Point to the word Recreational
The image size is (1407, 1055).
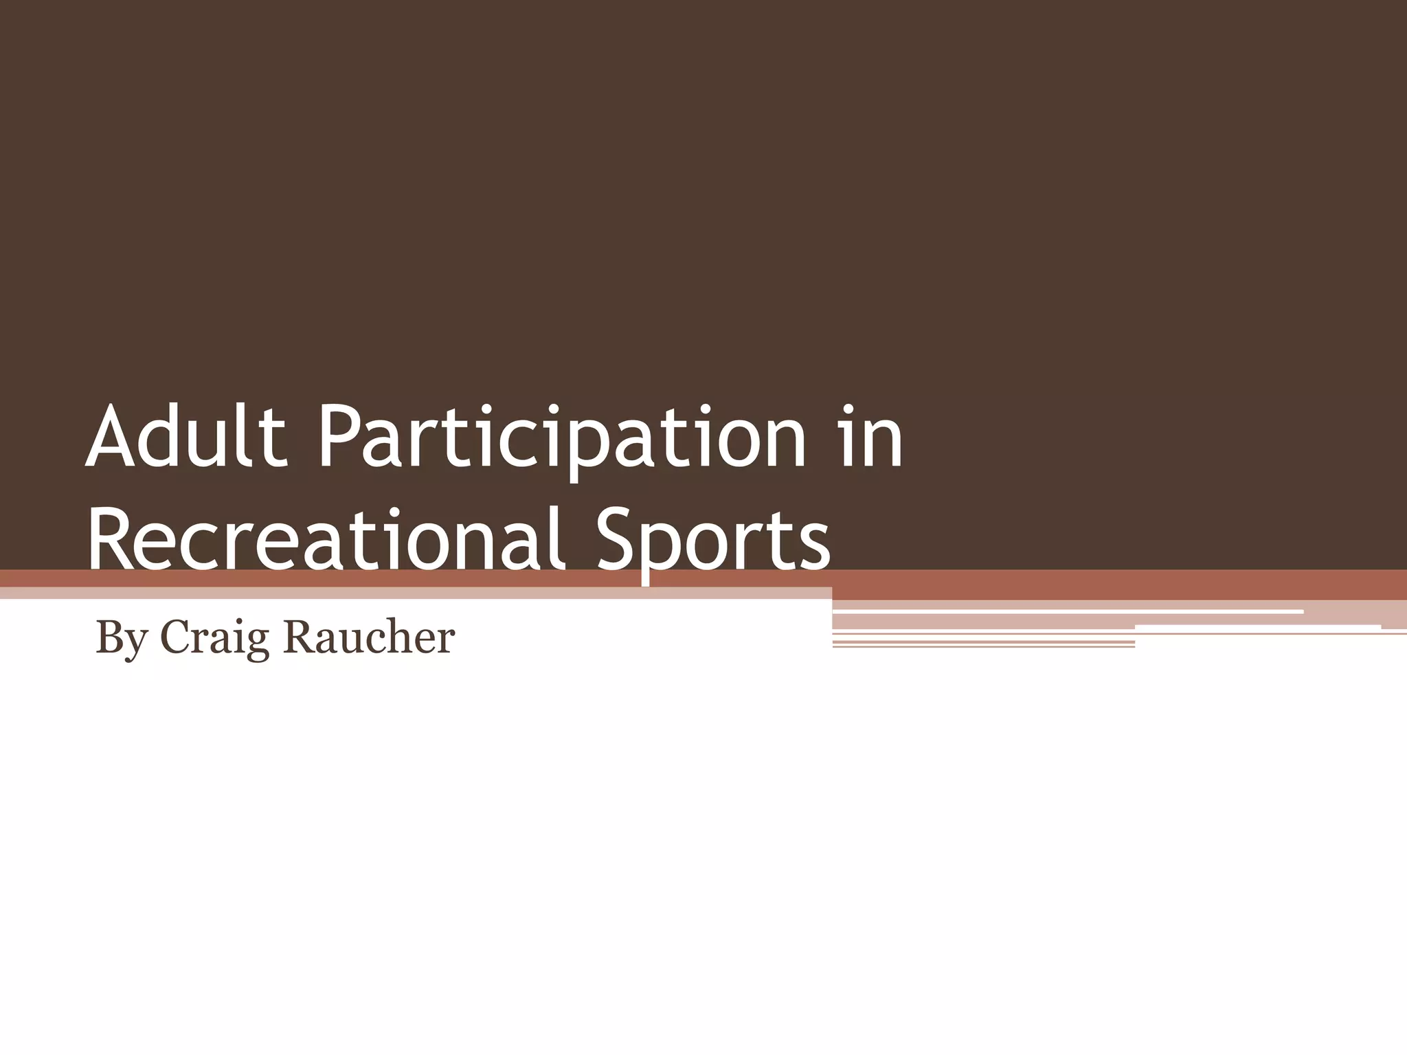click(326, 536)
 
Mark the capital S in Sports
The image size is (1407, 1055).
click(618, 536)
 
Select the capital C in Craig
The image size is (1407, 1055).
click(175, 637)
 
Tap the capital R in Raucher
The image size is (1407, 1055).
click(299, 637)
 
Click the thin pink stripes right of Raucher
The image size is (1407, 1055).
click(982, 643)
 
